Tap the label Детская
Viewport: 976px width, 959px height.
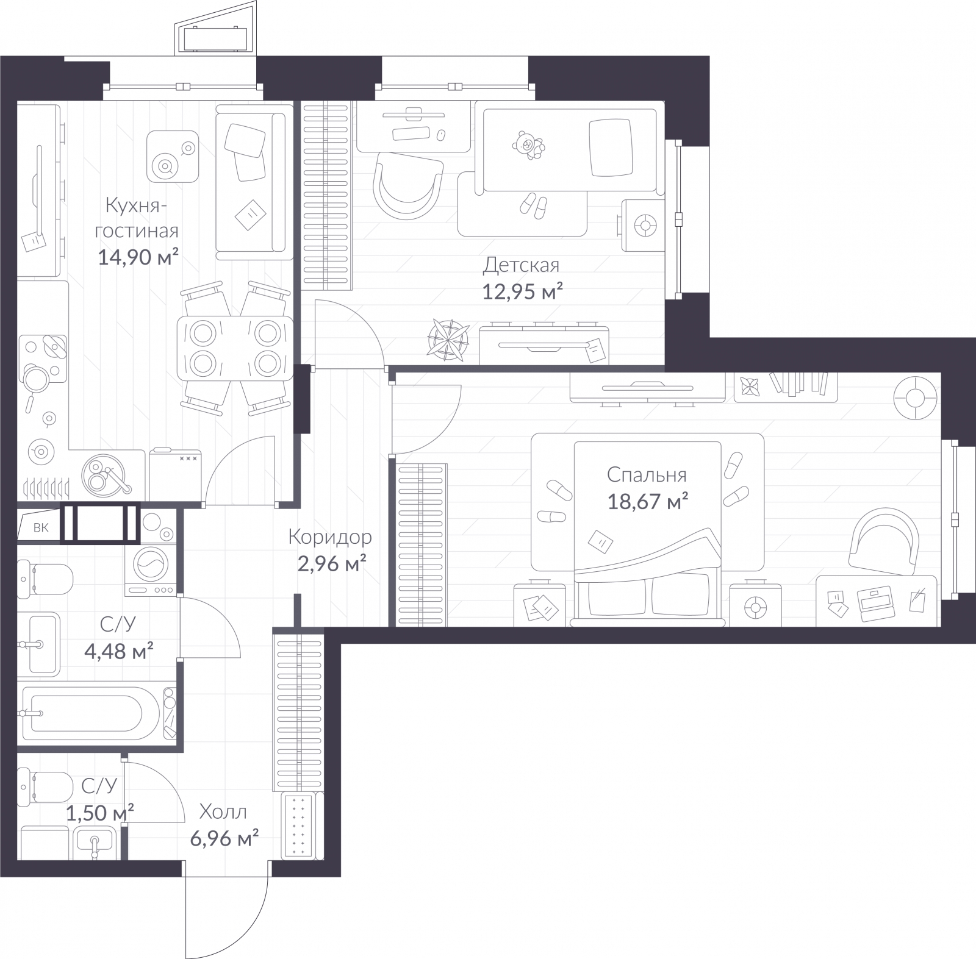[x=521, y=265]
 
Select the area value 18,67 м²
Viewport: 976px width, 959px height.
[x=648, y=501]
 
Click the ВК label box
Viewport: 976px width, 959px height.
[x=40, y=527]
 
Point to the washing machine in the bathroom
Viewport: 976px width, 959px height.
[x=150, y=565]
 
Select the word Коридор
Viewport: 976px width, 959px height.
[x=329, y=537]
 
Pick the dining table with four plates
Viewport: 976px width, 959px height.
[x=234, y=348]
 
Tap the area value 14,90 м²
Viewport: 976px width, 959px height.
[x=138, y=257]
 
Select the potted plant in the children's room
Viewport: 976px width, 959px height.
[x=448, y=338]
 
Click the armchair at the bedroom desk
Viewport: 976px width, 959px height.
[x=885, y=540]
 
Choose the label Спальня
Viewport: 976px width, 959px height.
[x=647, y=474]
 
